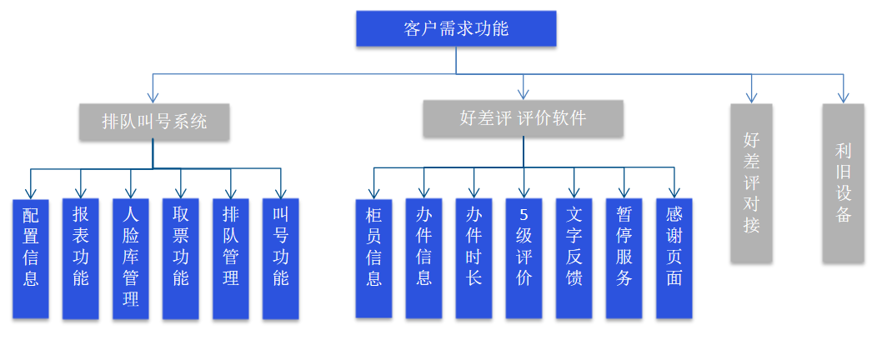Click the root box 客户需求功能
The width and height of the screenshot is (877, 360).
point(455,29)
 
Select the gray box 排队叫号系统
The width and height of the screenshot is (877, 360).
point(154,122)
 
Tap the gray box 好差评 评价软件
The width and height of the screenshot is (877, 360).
point(523,118)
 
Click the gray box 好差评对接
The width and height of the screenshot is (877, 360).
point(751,182)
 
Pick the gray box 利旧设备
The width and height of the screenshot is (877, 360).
point(843,182)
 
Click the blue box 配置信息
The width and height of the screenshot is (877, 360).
point(31,258)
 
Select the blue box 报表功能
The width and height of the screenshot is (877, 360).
point(81,258)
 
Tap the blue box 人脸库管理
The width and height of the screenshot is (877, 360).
point(131,258)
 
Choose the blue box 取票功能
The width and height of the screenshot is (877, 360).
point(181,258)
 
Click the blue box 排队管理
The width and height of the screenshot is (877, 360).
point(231,258)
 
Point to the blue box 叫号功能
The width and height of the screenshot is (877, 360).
point(281,258)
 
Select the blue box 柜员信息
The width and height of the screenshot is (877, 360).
point(373,258)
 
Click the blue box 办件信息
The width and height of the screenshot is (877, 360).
point(423,258)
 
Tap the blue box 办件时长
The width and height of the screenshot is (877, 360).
point(474,258)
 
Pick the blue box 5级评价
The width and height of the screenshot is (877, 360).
point(524,258)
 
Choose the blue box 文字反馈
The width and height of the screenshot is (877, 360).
point(574,258)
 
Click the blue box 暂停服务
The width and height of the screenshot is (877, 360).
point(624,258)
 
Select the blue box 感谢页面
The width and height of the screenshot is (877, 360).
point(674,258)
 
